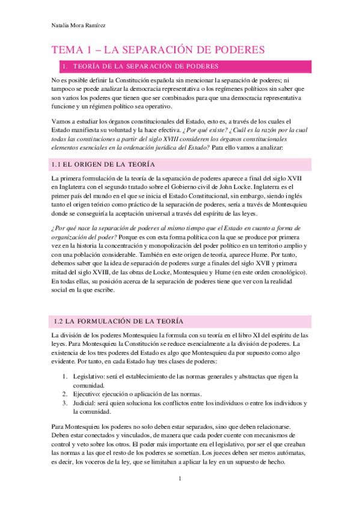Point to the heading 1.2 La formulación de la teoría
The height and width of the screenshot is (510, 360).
click(119, 320)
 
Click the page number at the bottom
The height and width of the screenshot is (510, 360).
click(179, 478)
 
